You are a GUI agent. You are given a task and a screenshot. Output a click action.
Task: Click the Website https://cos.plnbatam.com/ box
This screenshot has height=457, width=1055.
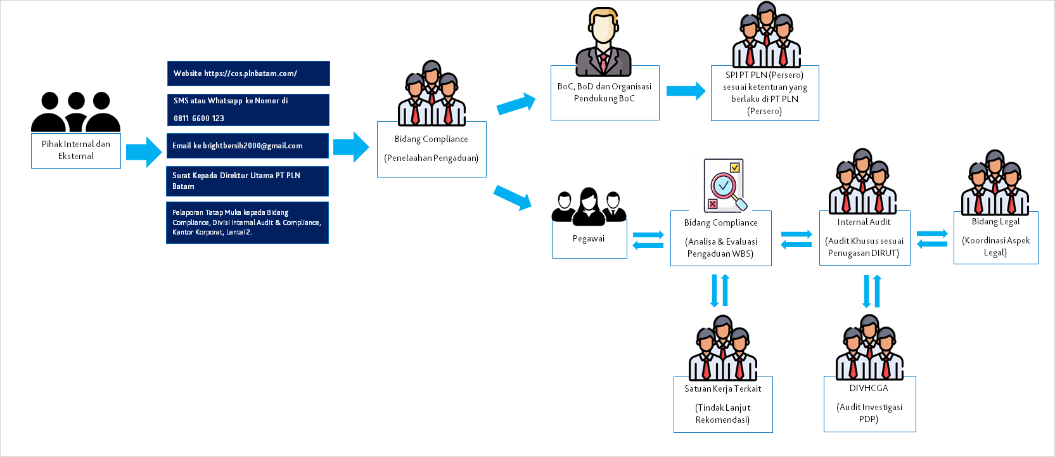coord(248,74)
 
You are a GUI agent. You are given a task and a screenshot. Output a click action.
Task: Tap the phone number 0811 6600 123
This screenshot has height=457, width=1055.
coord(199,119)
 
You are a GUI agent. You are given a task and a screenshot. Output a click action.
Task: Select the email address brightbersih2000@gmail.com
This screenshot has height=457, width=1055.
coord(252,146)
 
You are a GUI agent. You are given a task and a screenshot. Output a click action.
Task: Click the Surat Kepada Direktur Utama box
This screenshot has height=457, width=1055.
coord(247,181)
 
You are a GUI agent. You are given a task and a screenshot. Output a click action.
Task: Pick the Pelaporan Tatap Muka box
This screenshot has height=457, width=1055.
coord(247,223)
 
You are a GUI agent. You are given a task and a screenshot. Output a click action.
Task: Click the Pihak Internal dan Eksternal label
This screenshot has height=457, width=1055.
coord(76,150)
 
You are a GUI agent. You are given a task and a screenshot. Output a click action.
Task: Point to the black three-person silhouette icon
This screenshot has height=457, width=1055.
coord(76,112)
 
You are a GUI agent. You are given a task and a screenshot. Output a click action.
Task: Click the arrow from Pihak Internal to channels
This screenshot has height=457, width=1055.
coord(144,151)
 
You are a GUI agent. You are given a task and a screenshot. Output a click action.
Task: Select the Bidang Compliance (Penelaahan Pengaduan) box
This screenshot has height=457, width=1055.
coord(432,149)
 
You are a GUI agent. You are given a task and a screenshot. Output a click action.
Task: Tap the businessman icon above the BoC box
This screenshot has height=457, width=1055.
coord(603,42)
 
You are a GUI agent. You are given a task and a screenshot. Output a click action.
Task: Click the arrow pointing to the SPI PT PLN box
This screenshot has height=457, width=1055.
coord(686,91)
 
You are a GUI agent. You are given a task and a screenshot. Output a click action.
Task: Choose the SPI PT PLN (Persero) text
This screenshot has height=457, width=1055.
coord(764,75)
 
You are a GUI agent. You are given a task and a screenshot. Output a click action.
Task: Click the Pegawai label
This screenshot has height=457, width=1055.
coord(589,238)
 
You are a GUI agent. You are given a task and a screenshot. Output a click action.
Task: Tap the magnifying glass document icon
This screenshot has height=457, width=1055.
coord(724,186)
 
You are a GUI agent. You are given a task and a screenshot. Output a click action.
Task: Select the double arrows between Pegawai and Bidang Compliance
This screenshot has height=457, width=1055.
coord(648,240)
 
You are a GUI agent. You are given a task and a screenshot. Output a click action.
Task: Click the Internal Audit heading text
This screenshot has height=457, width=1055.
coord(864,222)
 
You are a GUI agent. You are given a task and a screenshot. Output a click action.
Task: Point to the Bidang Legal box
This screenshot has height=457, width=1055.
coord(995,238)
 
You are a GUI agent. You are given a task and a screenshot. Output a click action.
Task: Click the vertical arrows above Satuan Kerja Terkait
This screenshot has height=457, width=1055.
coord(720,291)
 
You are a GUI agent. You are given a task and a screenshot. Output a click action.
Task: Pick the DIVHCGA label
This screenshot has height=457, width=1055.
coord(869,388)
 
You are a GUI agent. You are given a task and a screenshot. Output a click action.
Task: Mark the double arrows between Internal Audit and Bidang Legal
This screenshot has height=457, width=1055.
coord(932,238)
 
